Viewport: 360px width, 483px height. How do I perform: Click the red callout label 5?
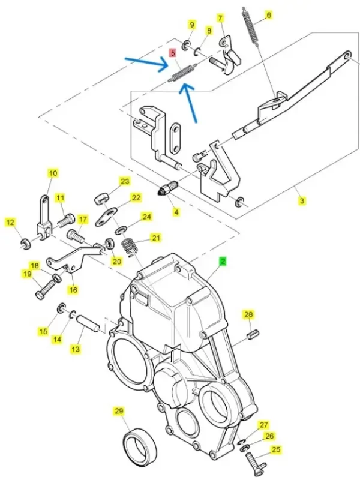click(173, 53)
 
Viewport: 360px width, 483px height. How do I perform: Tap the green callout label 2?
click(222, 262)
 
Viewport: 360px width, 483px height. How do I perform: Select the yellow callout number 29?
click(118, 411)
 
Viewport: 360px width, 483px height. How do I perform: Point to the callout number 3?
click(302, 201)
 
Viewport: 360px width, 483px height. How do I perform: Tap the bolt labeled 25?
click(251, 464)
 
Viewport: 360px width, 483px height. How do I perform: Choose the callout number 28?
click(248, 314)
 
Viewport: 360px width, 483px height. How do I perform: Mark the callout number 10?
click(53, 173)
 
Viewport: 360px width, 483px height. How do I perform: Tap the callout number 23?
click(124, 181)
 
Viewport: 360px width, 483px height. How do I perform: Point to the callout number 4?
click(176, 212)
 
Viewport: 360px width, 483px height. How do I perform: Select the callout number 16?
click(73, 290)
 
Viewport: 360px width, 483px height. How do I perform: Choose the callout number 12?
click(10, 223)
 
